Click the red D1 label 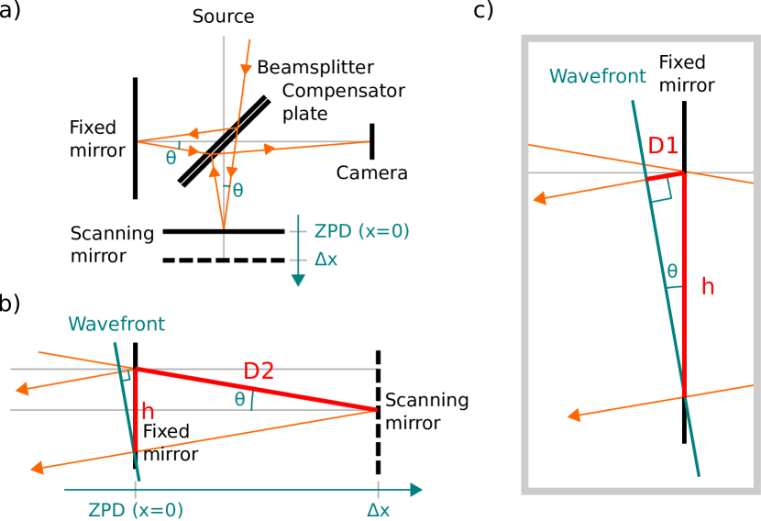click(x=663, y=146)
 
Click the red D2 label click(x=259, y=371)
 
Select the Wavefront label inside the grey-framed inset click(x=597, y=76)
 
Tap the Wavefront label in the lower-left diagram click(x=116, y=324)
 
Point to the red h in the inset click(x=707, y=287)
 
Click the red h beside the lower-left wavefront click(x=148, y=412)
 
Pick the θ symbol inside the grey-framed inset click(x=672, y=272)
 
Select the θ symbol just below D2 click(x=240, y=399)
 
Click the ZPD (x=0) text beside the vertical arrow click(x=361, y=231)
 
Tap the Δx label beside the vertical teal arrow click(x=326, y=260)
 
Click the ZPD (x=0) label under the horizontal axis click(x=136, y=510)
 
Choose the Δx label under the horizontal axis click(x=378, y=510)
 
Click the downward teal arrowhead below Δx click(x=298, y=280)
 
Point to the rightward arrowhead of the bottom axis click(x=416, y=490)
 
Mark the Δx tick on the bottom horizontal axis click(x=378, y=490)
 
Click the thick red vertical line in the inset click(x=684, y=284)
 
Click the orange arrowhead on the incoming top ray click(x=246, y=69)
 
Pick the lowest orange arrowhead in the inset click(x=575, y=416)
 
